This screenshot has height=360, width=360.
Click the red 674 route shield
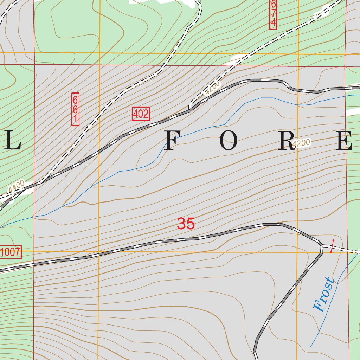(x=274, y=14)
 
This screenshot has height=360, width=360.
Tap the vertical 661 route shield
(x=75, y=109)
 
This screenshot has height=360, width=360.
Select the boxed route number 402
(x=141, y=114)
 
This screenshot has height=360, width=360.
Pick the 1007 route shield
(x=11, y=252)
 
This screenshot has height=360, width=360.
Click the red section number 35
(x=186, y=224)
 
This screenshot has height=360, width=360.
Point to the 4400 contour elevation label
(x=17, y=186)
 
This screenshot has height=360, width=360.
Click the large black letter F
(x=173, y=141)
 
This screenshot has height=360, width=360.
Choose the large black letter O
(x=229, y=141)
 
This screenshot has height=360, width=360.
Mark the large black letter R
(x=285, y=141)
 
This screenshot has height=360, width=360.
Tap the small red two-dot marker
(x=332, y=246)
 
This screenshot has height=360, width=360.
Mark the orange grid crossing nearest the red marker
(x=297, y=252)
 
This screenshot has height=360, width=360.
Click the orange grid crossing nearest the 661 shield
(x=99, y=53)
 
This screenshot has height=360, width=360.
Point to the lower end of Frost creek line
(x=310, y=348)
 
